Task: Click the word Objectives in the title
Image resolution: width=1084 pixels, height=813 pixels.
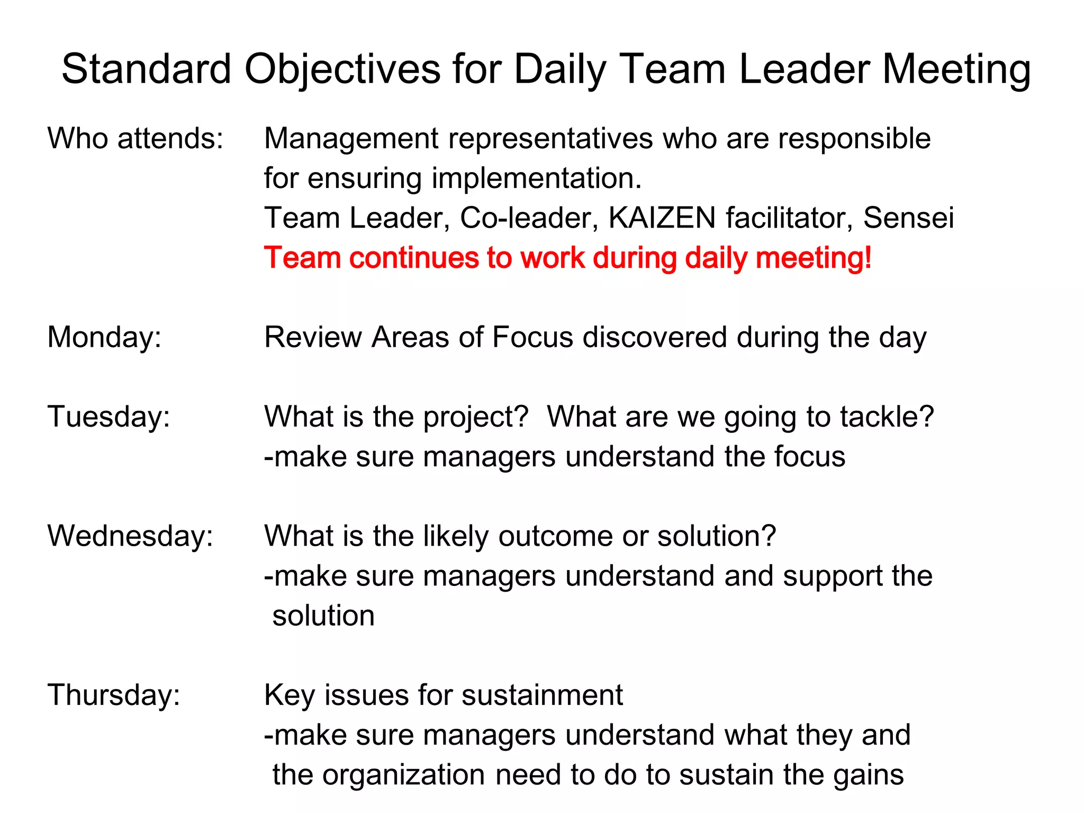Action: point(342,69)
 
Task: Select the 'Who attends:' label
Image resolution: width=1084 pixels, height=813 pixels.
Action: point(135,139)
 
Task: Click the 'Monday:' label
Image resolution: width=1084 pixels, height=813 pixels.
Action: point(104,337)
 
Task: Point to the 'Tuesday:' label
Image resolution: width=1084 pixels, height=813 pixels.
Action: point(109,417)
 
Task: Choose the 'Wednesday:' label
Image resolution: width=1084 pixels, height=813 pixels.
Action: point(130,536)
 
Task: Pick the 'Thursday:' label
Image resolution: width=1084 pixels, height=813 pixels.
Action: point(114,694)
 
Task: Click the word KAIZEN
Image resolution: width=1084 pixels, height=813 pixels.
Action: point(662,218)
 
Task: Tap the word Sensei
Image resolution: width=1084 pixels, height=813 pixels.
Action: point(908,218)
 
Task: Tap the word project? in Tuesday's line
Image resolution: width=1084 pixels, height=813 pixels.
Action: point(476,417)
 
